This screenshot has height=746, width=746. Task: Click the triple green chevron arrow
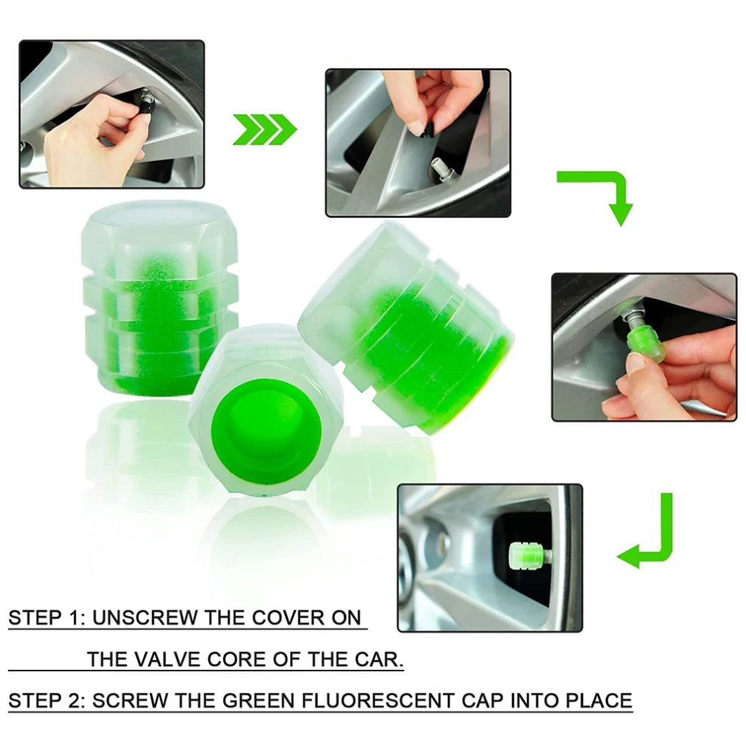pos(264,129)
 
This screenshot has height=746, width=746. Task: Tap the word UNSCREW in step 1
pos(144,618)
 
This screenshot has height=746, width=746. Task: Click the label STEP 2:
pos(47,701)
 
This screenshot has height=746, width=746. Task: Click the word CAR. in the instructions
pos(379,659)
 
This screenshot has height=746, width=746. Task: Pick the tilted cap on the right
pos(407,329)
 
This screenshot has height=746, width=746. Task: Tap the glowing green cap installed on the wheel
pos(527,555)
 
